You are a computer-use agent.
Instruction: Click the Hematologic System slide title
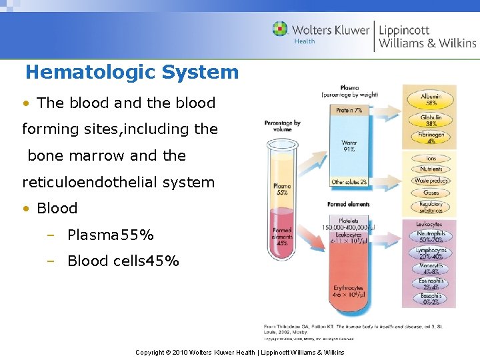click(x=131, y=72)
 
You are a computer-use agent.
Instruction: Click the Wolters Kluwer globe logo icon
click(x=281, y=29)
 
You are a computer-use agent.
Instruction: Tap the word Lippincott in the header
click(x=404, y=30)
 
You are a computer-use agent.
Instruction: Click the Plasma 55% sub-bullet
click(x=110, y=235)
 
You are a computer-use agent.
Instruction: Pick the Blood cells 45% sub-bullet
click(x=123, y=261)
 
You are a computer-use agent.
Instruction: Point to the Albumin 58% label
click(x=431, y=100)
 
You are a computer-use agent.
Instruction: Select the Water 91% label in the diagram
click(x=349, y=145)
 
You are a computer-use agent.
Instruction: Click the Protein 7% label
click(x=349, y=110)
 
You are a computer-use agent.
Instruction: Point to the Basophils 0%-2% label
click(x=431, y=299)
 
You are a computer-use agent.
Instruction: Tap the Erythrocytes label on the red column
click(x=349, y=291)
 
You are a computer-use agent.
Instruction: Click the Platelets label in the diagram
click(x=348, y=221)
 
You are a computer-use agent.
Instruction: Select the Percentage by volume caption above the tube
click(x=282, y=126)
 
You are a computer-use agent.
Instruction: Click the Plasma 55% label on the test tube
click(x=282, y=189)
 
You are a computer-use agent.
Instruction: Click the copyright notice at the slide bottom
click(x=239, y=352)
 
